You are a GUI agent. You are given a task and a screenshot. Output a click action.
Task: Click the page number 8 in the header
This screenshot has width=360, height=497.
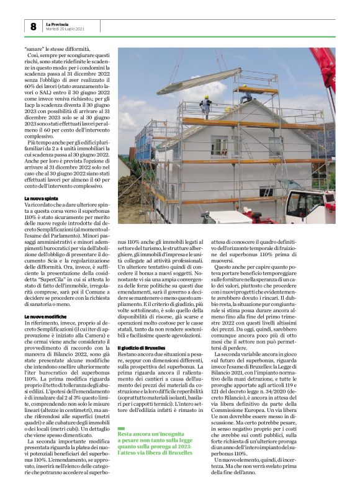tap(33, 27)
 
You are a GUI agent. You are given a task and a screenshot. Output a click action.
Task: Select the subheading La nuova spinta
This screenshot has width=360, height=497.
tap(42, 198)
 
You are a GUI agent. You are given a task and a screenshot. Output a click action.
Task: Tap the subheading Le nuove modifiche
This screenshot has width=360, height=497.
tap(45, 316)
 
